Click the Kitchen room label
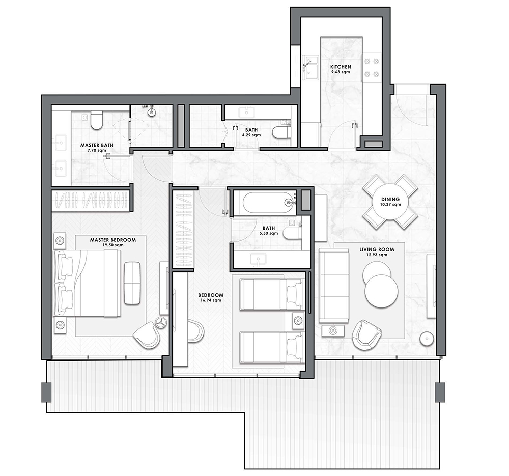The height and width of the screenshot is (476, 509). point(341,67)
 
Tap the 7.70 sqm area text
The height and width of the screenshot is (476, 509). point(97,150)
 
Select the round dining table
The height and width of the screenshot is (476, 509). point(390,202)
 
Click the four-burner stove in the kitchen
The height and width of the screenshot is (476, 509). point(372,68)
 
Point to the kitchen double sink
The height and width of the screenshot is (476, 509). point(310,67)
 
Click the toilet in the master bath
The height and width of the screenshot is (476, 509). point(96,120)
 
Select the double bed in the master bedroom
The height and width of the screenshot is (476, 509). point(88,283)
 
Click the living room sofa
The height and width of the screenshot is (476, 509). point(334,286)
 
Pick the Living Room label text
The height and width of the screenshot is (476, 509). point(377,249)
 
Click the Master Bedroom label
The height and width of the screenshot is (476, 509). point(113,240)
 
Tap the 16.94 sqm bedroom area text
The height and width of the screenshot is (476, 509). point(211,300)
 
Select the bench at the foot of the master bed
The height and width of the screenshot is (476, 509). point(132,283)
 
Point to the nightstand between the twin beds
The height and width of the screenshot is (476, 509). point(298,321)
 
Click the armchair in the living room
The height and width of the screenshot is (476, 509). point(366,335)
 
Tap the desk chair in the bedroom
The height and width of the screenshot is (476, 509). point(196,331)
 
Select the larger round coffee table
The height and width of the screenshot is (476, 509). point(381,291)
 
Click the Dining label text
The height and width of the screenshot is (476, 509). point(390,199)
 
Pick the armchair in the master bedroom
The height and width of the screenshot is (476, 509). point(147,335)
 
